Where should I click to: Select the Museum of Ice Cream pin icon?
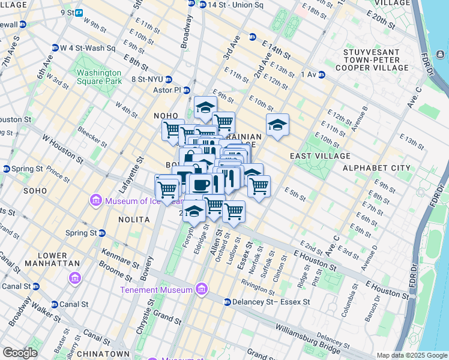point(95,200)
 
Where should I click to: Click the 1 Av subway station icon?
point(322,74)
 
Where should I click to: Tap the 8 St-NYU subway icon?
point(169,79)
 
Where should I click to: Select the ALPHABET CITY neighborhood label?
point(376,168)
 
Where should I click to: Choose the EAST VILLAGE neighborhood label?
point(320,156)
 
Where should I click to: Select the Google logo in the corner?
point(20,353)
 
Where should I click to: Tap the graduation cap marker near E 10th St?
point(277,125)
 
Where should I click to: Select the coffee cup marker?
point(200,183)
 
